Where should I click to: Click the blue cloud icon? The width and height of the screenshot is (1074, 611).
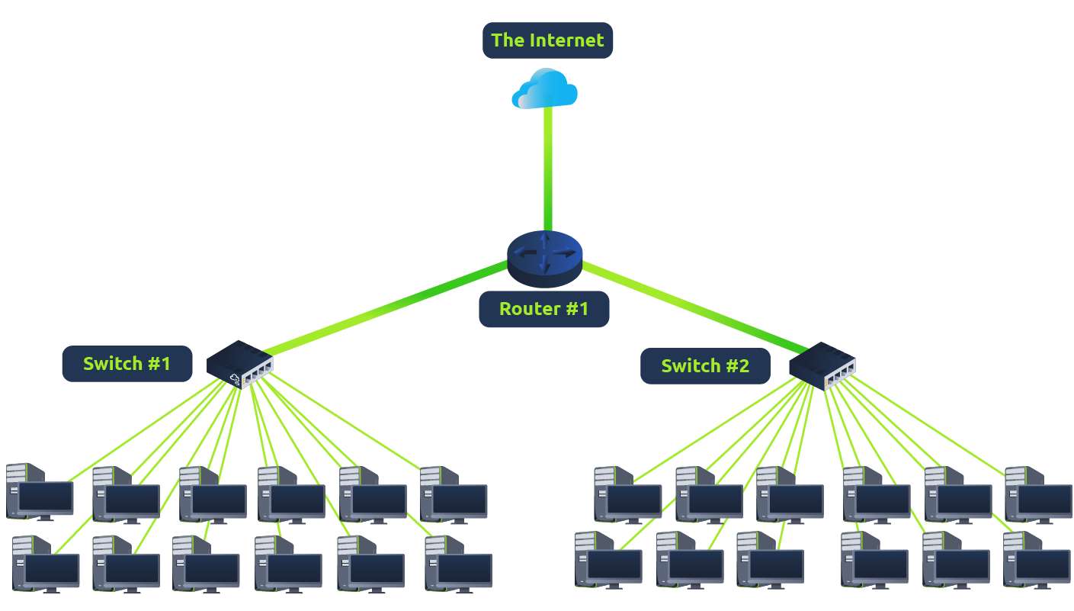coord(545,89)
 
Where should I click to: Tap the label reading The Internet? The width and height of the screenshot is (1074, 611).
coord(547,40)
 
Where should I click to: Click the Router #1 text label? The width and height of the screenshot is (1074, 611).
coord(543,309)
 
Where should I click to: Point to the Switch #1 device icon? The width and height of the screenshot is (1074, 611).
coord(239,364)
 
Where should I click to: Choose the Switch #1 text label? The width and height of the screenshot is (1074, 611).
coord(127,364)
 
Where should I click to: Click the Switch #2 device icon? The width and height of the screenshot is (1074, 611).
coord(822,365)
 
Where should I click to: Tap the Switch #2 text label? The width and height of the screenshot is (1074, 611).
coord(705,366)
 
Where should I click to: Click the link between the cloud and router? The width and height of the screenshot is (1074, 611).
coord(547,168)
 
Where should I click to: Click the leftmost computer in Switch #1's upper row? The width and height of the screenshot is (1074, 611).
coord(39,492)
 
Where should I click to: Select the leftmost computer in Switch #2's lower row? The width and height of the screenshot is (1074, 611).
coord(608,560)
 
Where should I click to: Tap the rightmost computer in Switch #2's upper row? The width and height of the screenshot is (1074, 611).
coord(1038,494)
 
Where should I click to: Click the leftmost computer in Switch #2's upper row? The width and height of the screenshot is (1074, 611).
coord(627,494)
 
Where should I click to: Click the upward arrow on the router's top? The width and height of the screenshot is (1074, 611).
coord(544,242)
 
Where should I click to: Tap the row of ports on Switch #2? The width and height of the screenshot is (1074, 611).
coord(839,373)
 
